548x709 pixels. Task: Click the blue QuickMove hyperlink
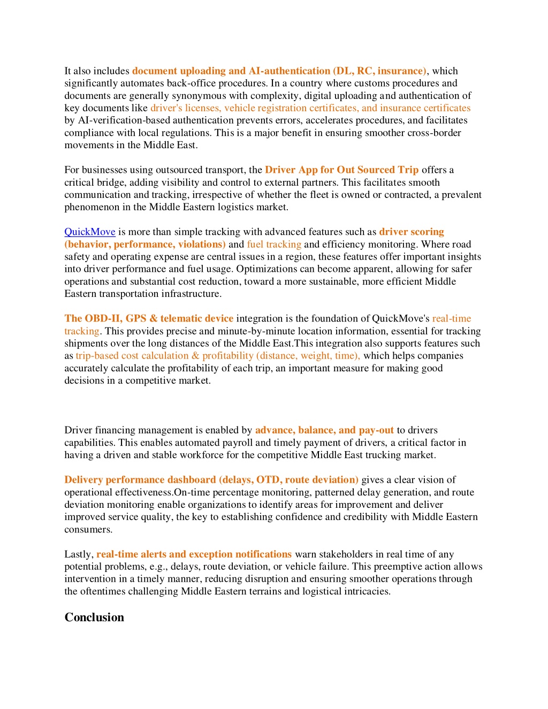90,232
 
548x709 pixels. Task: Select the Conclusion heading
94,617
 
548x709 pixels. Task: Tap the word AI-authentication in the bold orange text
290,71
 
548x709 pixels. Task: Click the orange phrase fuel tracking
274,245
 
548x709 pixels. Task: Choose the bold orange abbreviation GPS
136,318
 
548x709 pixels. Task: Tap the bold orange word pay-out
376,430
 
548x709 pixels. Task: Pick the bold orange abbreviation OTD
268,480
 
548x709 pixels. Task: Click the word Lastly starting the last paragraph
79,554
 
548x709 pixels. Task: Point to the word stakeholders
346,554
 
